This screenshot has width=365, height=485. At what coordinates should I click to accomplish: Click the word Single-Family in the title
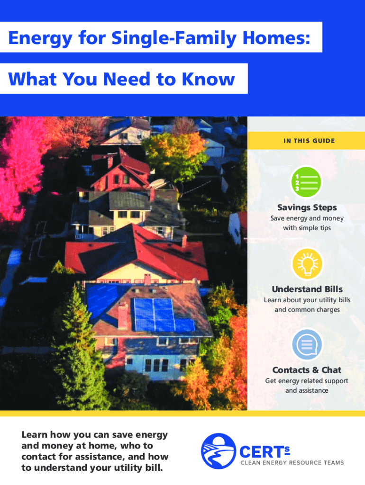pyautogui.click(x=173, y=38)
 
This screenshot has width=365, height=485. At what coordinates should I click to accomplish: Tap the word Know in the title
pyautogui.click(x=209, y=79)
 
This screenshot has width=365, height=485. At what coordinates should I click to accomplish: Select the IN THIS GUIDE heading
pyautogui.click(x=309, y=141)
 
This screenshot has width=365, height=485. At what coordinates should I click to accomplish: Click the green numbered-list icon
pyautogui.click(x=306, y=182)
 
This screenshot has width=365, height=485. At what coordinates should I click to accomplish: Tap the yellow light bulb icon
pyautogui.click(x=307, y=263)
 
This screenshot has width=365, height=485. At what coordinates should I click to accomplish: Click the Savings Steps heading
pyautogui.click(x=307, y=207)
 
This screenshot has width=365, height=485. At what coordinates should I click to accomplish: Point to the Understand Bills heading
pyautogui.click(x=307, y=289)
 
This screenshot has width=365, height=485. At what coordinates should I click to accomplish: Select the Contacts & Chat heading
pyautogui.click(x=307, y=370)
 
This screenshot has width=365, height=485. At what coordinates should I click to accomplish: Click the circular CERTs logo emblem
pyautogui.click(x=218, y=451)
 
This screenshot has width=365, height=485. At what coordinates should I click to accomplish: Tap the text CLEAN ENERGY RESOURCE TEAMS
pyautogui.click(x=292, y=463)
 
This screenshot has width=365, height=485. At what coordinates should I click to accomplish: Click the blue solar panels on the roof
pyautogui.click(x=163, y=314)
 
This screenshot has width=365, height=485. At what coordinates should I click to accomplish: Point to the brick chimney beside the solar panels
pyautogui.click(x=123, y=315)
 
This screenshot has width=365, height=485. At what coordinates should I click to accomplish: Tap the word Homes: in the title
pyautogui.click(x=276, y=38)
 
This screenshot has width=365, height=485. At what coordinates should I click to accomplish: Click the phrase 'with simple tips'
pyautogui.click(x=307, y=228)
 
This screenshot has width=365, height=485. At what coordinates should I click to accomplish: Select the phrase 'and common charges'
pyautogui.click(x=307, y=310)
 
